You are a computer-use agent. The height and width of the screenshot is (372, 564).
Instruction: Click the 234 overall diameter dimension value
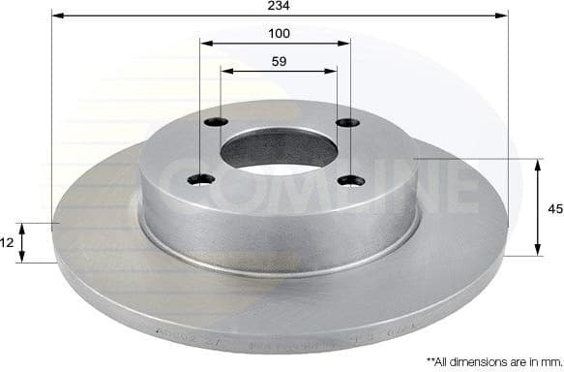pyautogui.click(x=281, y=6)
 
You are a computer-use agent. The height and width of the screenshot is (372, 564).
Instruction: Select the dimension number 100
pyautogui.click(x=280, y=33)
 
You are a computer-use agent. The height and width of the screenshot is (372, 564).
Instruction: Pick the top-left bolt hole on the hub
pyautogui.click(x=217, y=122)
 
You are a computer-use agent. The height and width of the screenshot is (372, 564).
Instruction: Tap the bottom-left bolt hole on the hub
pyautogui.click(x=200, y=178)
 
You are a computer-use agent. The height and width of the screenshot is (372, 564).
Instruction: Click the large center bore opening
pyautogui.click(x=279, y=149)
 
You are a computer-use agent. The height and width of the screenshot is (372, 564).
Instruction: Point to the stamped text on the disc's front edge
pyautogui.click(x=290, y=341)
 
